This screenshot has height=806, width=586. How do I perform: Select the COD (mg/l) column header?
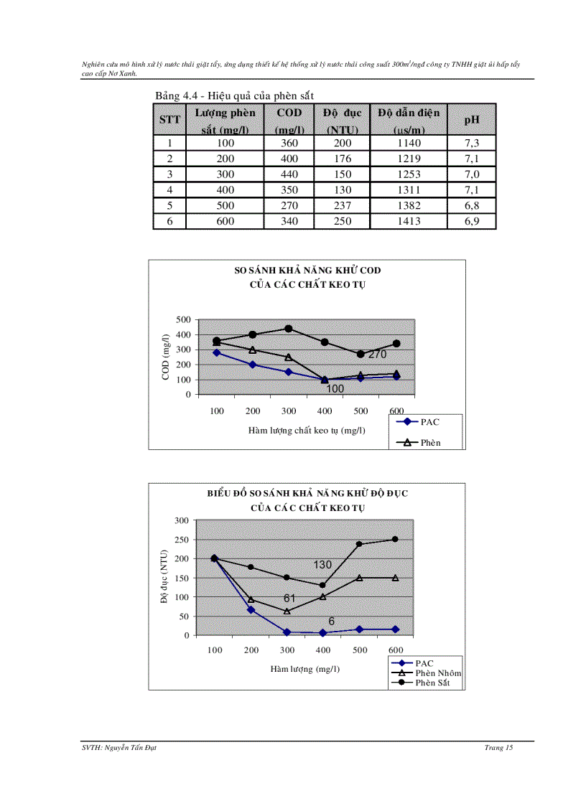[289, 121]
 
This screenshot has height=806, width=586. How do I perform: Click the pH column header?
[472, 121]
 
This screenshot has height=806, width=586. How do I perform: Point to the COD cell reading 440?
[289, 174]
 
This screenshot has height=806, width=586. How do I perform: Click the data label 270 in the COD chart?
[378, 355]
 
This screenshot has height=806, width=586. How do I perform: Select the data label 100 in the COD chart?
[335, 389]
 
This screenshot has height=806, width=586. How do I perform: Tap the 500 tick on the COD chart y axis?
[183, 319]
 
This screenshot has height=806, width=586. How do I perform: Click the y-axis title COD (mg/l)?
[166, 357]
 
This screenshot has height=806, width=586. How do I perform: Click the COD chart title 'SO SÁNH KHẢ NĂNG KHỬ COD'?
[307, 271]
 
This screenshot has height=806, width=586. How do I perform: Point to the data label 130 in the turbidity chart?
[322, 565]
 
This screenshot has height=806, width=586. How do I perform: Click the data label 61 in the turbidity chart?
[289, 598]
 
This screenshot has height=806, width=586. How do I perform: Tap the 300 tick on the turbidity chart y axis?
[182, 520]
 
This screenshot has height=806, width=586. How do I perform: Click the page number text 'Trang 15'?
[498, 748]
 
